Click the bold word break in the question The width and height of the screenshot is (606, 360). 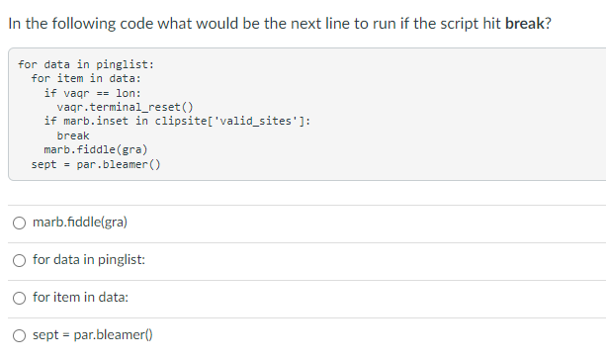tap(524, 23)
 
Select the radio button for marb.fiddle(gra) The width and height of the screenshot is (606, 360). tap(19, 223)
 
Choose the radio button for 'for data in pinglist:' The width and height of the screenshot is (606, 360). tap(19, 259)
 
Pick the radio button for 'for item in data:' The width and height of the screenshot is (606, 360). tap(19, 297)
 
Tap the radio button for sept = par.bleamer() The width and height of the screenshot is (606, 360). tap(19, 335)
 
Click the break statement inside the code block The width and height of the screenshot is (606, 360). tap(73, 135)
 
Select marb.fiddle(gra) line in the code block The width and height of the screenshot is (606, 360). tap(97, 149)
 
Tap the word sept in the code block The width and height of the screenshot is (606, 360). tap(44, 164)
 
